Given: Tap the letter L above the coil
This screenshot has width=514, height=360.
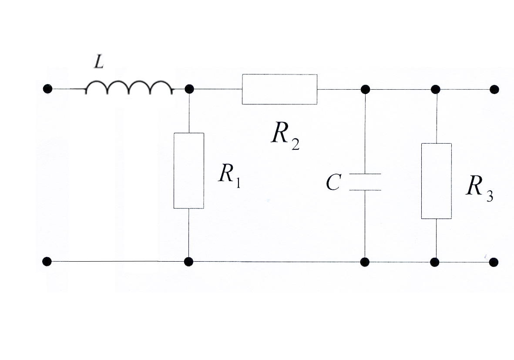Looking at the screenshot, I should point(99,64).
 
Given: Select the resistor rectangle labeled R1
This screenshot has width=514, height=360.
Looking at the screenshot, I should point(189,171).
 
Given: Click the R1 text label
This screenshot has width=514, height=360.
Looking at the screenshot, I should point(229,175).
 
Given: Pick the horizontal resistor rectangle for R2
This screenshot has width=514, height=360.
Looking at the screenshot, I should point(279,89).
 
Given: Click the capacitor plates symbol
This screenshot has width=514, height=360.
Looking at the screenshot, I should point(365,182).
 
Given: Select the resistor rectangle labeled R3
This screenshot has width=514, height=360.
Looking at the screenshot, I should point(436,181).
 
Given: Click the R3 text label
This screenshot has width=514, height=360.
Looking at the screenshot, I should point(479,188).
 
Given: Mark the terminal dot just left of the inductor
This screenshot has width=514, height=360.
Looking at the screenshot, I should point(47,89).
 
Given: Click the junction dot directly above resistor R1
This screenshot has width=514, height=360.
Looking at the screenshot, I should point(189,89).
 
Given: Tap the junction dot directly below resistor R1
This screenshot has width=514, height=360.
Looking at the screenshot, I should point(188,262).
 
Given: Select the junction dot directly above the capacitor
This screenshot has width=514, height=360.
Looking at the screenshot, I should point(365,89).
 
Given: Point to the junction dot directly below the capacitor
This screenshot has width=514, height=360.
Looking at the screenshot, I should point(365,262).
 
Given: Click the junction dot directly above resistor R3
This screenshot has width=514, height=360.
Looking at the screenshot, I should point(435,89).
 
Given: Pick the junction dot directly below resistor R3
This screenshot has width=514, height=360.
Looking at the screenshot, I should point(434,262).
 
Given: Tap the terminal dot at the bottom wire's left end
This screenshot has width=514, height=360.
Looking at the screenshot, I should point(47,261).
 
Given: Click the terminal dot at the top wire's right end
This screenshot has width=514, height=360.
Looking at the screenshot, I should point(494,89).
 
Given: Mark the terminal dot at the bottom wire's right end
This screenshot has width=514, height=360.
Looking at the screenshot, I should point(494,262).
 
